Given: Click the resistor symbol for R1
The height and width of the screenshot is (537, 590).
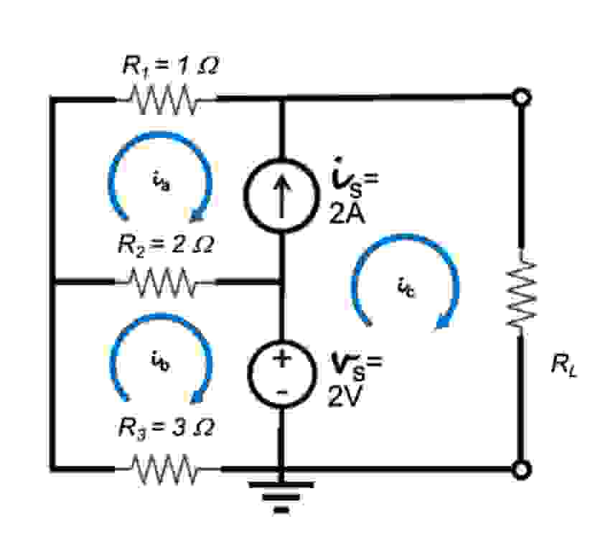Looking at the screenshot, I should (164, 98).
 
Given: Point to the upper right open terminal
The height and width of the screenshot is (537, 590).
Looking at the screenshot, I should (523, 97).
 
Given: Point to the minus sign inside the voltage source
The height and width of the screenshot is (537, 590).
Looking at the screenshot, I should (281, 391).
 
